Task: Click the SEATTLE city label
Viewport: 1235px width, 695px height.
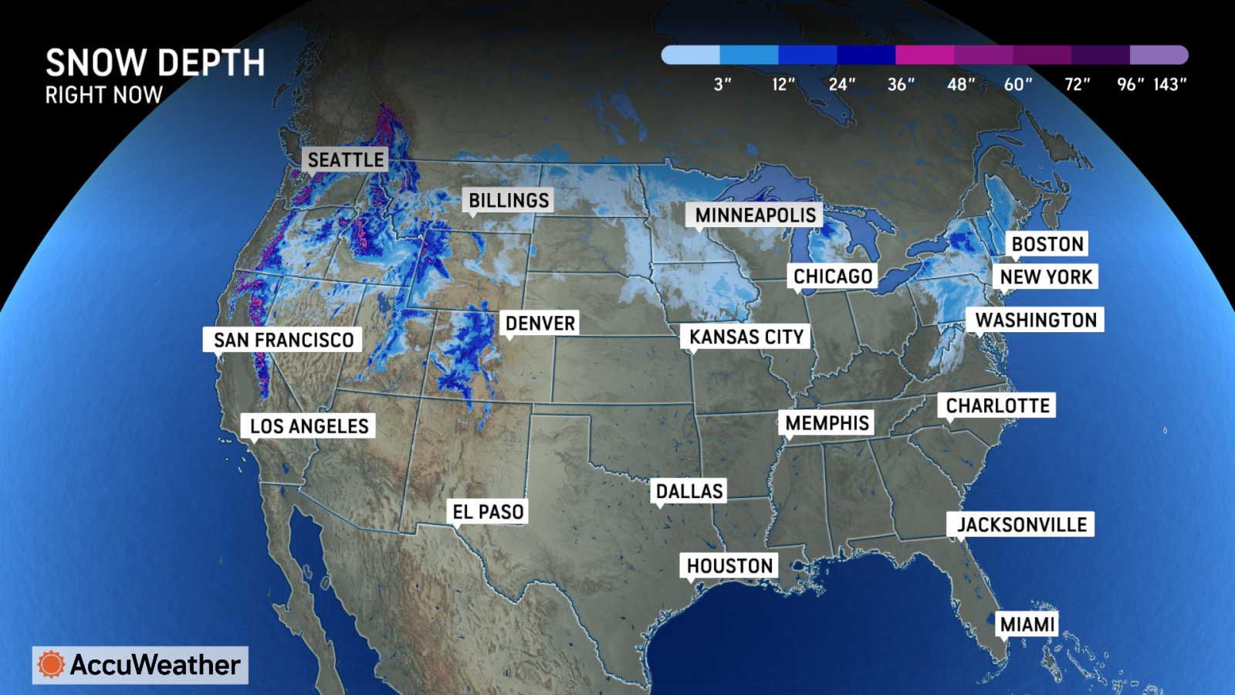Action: point(345,160)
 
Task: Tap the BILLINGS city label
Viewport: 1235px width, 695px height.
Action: point(509,201)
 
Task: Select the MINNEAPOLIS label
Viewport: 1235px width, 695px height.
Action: point(755,215)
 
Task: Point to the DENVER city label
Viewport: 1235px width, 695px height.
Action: point(540,323)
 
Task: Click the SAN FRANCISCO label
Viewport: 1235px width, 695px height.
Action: point(283,340)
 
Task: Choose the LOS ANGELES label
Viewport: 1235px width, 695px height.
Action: point(309,426)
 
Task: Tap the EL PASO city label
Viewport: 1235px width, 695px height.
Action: point(488,512)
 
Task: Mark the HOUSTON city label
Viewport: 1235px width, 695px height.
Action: point(729,566)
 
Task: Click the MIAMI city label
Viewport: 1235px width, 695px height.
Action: point(1027,624)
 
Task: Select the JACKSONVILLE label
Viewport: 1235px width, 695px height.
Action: point(1021,525)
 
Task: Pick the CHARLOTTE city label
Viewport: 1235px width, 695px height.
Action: point(997,405)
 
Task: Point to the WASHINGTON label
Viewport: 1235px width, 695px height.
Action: point(1035,320)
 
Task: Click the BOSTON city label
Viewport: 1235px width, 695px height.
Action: point(1047,244)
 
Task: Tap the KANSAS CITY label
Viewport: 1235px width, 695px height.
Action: point(746,337)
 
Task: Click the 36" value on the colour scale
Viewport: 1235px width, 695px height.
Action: point(901,84)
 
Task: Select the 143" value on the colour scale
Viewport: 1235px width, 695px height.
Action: point(1169,84)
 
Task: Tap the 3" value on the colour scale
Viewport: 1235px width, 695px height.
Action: point(722,84)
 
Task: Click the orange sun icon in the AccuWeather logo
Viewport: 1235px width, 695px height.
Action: point(51,664)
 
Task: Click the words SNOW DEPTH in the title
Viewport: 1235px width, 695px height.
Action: point(155,63)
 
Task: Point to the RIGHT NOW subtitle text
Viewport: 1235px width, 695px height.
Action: point(104,95)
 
